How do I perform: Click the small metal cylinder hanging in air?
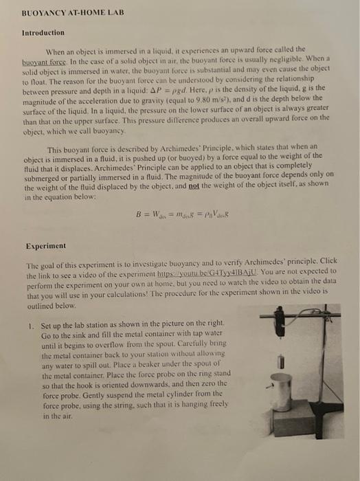[x=281, y=361]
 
